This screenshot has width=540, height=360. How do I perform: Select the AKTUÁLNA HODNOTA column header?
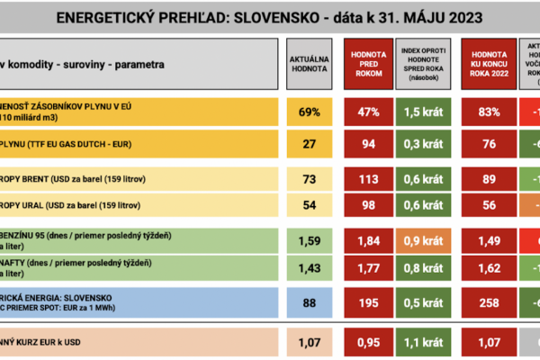[309, 62]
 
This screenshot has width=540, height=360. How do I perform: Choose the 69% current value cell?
[309, 112]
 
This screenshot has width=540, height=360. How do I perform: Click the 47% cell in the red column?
[366, 112]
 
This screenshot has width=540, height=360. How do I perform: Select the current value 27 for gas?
[309, 144]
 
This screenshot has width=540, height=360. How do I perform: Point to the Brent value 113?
[366, 178]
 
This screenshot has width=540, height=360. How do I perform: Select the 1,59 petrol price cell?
[309, 240]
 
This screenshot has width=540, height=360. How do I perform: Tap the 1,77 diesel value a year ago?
[366, 267]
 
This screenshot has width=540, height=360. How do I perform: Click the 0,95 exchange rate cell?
[366, 343]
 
